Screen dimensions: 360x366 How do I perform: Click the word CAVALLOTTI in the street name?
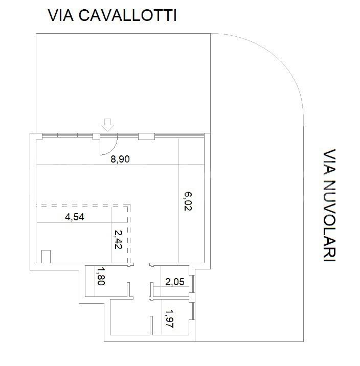128,15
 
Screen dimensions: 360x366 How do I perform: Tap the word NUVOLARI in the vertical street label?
329,221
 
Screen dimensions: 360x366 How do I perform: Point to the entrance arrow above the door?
107,125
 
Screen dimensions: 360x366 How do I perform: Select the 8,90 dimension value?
120,159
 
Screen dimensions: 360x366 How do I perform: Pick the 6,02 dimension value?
188,201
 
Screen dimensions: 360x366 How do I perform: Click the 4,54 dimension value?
75,217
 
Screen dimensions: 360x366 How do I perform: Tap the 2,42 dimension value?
118,240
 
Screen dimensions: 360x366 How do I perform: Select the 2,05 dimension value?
175,282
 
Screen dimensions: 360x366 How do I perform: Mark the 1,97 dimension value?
169,319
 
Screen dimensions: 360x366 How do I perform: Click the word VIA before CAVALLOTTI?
61,15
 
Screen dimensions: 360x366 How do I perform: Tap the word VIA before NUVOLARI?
329,162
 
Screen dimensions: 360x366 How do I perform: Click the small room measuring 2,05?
171,282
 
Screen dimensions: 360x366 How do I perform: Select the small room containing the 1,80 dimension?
106,281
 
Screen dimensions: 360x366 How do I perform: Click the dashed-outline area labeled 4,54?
82,234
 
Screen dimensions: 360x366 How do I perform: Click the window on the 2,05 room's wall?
193,284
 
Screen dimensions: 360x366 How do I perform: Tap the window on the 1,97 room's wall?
193,311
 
